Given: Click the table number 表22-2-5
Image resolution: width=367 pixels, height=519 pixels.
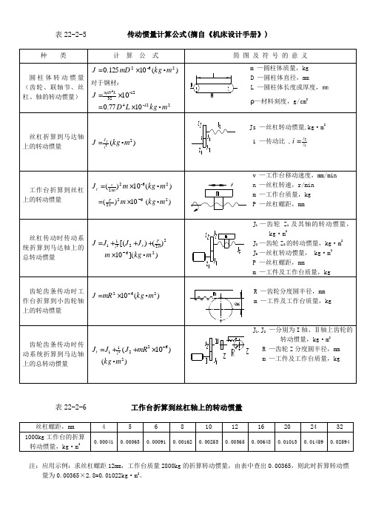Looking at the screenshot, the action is tap(72, 35).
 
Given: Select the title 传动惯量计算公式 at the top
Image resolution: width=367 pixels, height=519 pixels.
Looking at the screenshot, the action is tap(198, 35).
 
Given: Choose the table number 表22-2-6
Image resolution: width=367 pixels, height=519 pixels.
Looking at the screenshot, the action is tap(72, 407).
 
